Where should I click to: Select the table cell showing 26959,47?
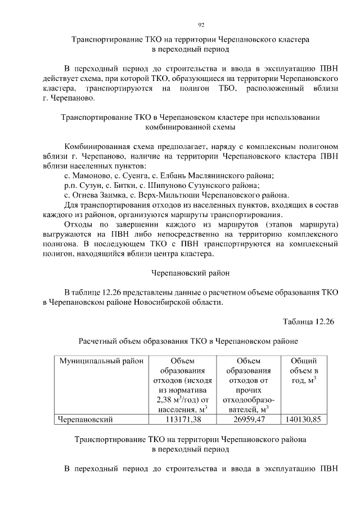(249, 419)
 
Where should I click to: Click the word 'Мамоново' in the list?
(92, 175)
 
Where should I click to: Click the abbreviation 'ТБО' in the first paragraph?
(232, 89)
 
